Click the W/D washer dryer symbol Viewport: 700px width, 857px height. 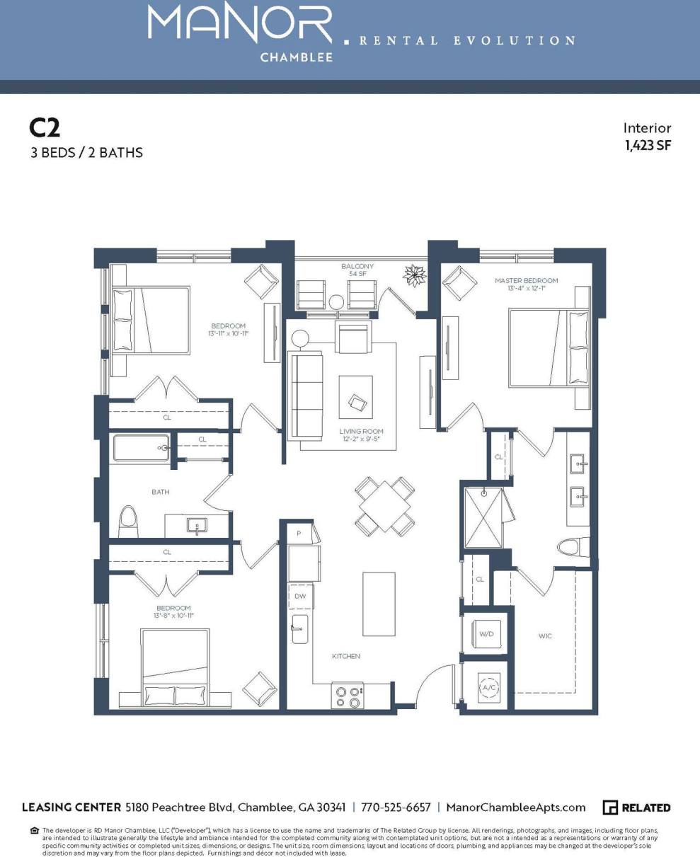point(486,633)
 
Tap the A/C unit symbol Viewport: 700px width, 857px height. point(489,686)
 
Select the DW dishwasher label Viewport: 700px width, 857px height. point(301,597)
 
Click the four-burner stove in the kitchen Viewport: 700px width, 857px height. point(348,696)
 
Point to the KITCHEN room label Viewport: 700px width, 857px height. point(346,656)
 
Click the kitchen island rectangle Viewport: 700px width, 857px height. point(379,604)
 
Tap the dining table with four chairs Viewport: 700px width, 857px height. point(385,505)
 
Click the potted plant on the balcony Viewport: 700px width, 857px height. point(413,275)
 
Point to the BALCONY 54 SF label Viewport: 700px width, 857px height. point(357,270)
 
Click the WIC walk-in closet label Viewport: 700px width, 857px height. point(544,636)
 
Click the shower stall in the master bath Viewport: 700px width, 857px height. point(485,517)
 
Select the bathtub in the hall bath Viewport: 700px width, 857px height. point(142,448)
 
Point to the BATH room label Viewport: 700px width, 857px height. point(160,491)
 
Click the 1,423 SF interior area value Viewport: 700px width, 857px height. point(648,146)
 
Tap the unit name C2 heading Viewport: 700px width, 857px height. point(45,127)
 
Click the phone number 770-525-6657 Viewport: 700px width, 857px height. point(396,807)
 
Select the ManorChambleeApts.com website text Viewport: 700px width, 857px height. point(517,807)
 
